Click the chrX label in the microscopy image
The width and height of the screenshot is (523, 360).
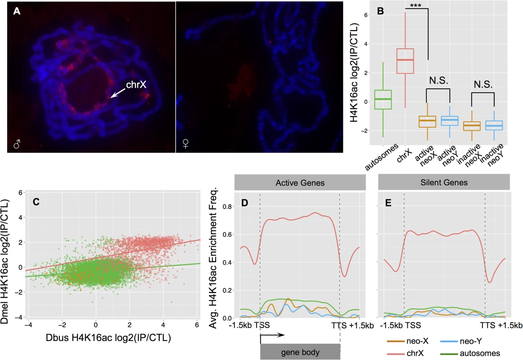coord(136,85)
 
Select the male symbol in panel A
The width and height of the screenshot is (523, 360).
coord(17,144)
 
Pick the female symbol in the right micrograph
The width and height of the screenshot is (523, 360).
coord(186,144)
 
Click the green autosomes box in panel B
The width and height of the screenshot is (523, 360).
coord(383,99)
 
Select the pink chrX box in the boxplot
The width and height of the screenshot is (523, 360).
coord(405,61)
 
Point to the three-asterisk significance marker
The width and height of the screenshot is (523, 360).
coord(415,5)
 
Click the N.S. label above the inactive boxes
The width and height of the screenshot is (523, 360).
coord(483,84)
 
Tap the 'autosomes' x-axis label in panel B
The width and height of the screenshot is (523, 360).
coord(382,157)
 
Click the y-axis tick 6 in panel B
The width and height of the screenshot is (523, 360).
coord(365,15)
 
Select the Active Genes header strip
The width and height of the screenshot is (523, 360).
coord(300,183)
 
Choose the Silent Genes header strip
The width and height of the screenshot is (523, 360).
coord(444,182)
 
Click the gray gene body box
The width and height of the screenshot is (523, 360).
coord(300,352)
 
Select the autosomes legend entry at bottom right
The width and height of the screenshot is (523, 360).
coord(470,353)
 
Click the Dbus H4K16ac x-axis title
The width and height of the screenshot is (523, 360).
coord(108,338)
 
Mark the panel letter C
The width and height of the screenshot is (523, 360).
coord(36,202)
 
